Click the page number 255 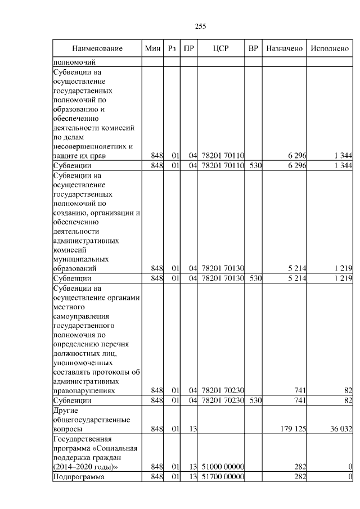200,26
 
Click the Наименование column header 97,49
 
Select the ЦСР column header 221,49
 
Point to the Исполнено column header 330,49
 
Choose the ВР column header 253,49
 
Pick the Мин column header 152,49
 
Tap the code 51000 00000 222,467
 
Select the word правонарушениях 84,390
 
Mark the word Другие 65,410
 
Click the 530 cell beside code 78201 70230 253,400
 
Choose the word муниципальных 80,259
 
